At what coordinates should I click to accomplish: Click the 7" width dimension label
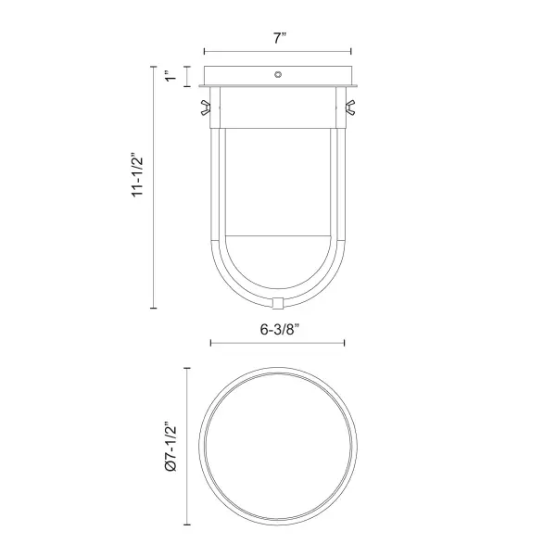(280, 38)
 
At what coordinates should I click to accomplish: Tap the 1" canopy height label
(171, 76)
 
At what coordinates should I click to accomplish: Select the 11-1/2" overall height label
(137, 175)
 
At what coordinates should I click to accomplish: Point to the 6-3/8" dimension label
(280, 329)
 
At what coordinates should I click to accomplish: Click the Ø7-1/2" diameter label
(171, 447)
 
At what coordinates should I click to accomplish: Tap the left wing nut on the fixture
(206, 107)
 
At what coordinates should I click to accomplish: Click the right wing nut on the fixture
(350, 107)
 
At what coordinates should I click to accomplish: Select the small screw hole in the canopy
(278, 74)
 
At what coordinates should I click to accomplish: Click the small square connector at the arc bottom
(278, 303)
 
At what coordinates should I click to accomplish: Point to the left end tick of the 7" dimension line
(205, 51)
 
